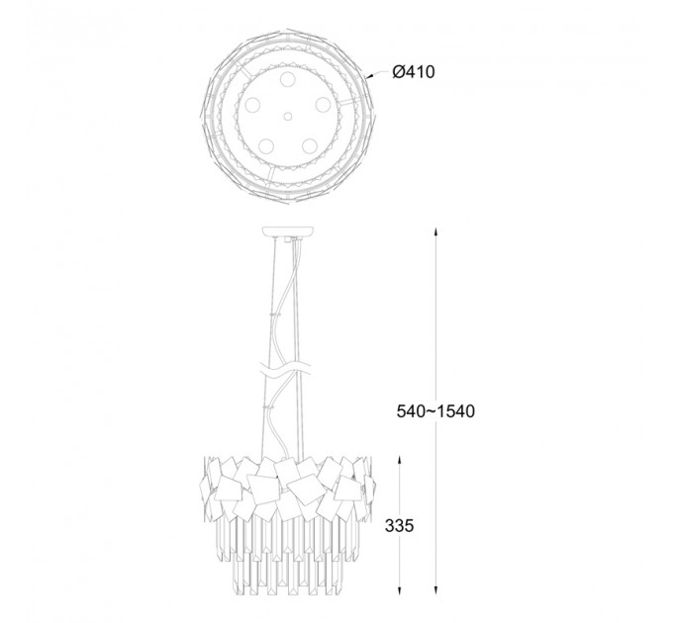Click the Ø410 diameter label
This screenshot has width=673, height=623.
(414, 72)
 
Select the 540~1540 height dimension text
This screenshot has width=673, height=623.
(435, 411)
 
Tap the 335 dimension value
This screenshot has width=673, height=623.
(399, 526)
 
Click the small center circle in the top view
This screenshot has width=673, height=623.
(288, 117)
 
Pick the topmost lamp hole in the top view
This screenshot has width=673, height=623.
(288, 79)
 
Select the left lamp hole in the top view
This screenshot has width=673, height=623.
(252, 105)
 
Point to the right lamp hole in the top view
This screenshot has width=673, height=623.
(323, 105)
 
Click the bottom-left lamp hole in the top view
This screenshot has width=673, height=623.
(266, 145)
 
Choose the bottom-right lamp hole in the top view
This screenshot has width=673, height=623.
(310, 145)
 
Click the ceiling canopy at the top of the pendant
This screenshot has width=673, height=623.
(288, 231)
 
